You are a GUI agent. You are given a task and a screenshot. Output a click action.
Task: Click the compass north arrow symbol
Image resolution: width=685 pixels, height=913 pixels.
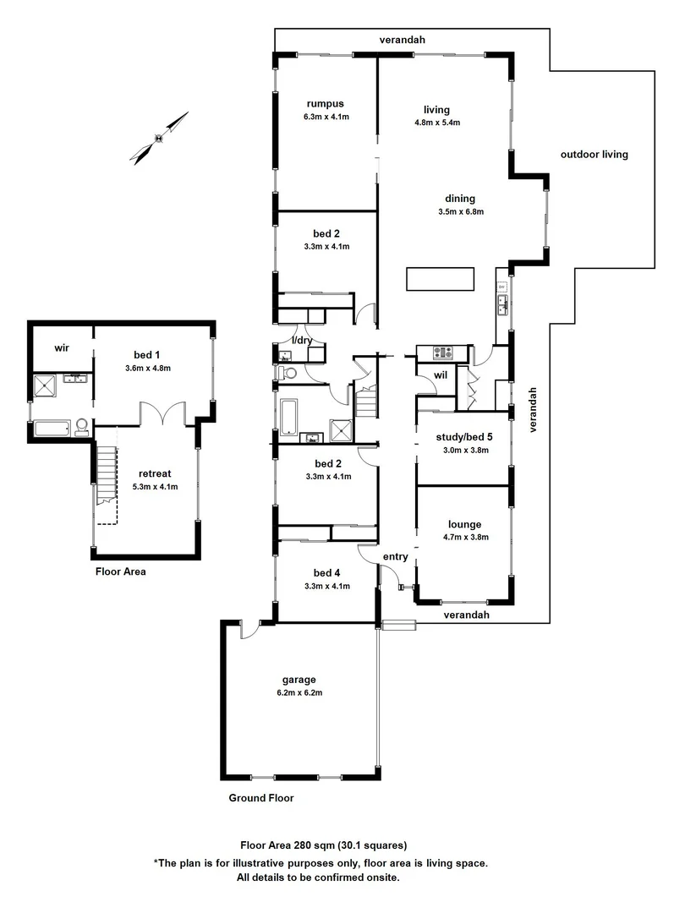[159, 138]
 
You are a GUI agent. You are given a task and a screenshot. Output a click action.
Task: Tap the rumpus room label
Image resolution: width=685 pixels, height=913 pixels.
[324, 105]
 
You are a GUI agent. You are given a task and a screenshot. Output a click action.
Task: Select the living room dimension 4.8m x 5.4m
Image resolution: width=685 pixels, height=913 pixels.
[436, 123]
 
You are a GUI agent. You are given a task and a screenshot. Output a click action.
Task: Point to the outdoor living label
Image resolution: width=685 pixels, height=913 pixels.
[594, 155]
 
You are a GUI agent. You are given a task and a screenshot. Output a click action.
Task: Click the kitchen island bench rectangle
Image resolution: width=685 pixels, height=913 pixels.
[441, 278]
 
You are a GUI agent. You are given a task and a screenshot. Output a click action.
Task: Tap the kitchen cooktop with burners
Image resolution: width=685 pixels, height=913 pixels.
[444, 353]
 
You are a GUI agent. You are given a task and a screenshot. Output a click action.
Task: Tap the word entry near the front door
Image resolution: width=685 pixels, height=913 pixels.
[395, 556]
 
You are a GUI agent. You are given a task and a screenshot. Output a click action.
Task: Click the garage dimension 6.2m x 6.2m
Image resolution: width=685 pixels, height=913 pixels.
[299, 692]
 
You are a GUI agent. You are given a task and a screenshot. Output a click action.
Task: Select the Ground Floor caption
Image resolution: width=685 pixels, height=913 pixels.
[261, 797]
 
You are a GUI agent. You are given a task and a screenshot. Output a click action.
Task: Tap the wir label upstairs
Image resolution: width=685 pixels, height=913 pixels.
[61, 347]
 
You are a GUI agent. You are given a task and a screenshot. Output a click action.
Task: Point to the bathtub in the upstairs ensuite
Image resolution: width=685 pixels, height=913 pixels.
[53, 429]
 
